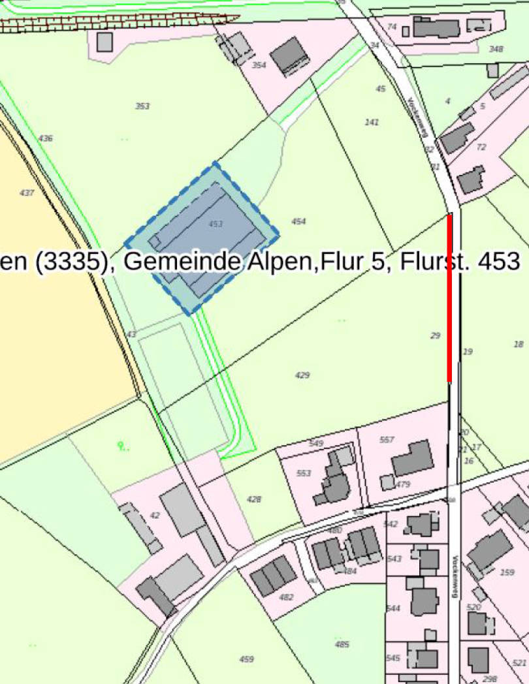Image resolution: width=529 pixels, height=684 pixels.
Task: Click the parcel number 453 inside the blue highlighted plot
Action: (216, 224)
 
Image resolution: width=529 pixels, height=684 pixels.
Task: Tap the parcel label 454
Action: (298, 222)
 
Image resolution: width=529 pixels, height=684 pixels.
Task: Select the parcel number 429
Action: (302, 375)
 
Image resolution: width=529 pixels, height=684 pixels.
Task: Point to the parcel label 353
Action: (142, 106)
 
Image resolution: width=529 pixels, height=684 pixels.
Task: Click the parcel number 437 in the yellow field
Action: (27, 193)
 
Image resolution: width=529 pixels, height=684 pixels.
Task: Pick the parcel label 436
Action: (46, 138)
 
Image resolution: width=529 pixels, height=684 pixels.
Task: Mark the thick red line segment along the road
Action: (449, 298)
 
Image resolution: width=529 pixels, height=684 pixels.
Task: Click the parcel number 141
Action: (372, 122)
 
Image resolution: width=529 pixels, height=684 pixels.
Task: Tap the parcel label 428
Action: (254, 499)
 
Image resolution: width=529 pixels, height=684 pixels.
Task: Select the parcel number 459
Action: (246, 659)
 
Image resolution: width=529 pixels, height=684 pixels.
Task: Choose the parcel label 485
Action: (342, 645)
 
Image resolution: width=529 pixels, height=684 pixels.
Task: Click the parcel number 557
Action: (387, 440)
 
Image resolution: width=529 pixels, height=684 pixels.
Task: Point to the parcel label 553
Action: (304, 473)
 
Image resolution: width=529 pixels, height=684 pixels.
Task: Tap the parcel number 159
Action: (507, 572)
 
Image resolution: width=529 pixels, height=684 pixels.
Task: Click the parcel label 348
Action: (496, 50)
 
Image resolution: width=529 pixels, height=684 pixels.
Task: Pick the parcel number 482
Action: (286, 597)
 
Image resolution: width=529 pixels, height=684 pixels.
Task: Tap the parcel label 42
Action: (155, 516)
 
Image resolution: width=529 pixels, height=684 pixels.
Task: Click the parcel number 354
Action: (259, 65)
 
